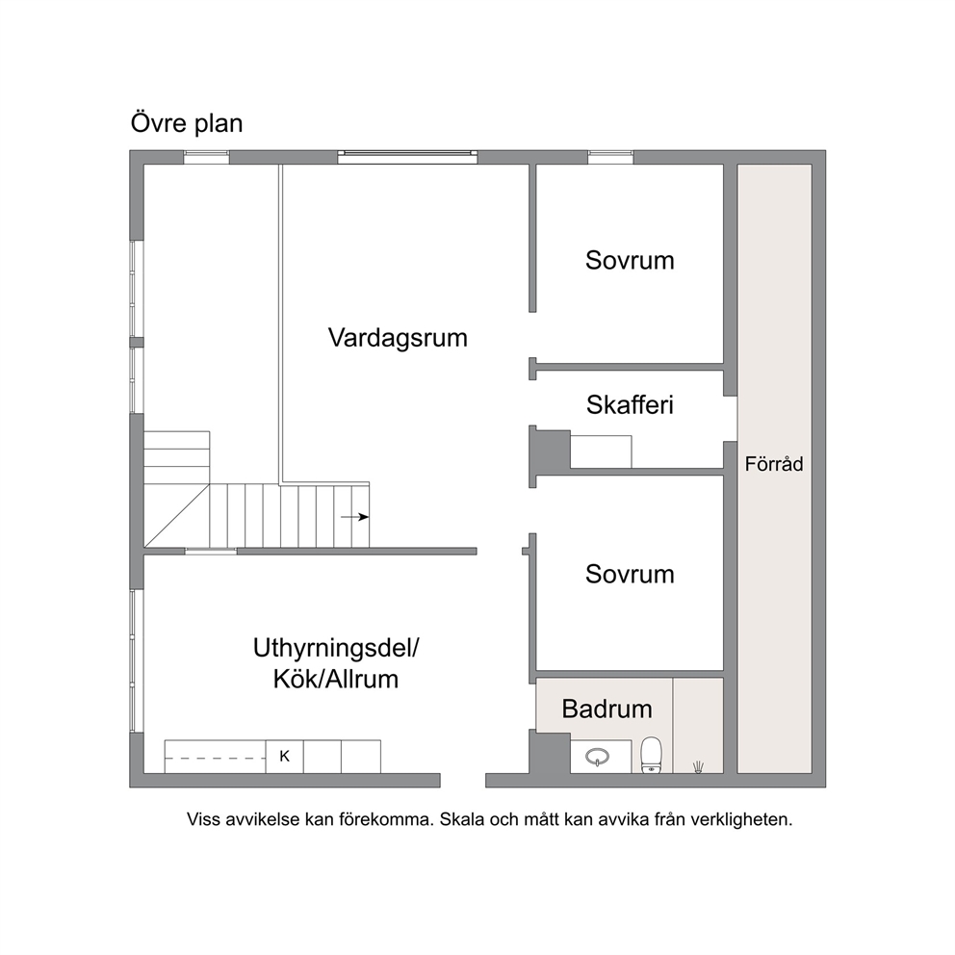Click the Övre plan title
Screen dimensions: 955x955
click(x=187, y=123)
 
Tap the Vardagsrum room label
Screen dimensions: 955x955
click(x=398, y=338)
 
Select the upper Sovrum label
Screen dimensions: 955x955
click(x=630, y=261)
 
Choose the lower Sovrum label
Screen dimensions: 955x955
click(x=630, y=575)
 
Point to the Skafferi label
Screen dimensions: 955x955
click(x=630, y=405)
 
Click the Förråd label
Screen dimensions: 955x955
click(x=774, y=464)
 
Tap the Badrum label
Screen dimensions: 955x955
click(x=607, y=709)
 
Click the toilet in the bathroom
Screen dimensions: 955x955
click(x=651, y=755)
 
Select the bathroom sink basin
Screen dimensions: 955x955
click(x=598, y=757)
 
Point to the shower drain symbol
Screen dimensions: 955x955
click(x=699, y=767)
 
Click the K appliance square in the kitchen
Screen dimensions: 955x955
click(x=284, y=757)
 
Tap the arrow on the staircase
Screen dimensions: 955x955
click(x=354, y=517)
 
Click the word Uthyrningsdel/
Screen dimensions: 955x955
click(x=336, y=649)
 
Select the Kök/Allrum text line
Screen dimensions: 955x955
click(x=336, y=679)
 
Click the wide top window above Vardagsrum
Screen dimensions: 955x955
click(x=407, y=157)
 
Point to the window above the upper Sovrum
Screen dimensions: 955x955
click(x=610, y=157)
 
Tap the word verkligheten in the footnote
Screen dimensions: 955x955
click(x=749, y=820)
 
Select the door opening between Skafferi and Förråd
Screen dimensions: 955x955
click(x=731, y=419)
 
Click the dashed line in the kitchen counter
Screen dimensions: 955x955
click(x=216, y=759)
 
